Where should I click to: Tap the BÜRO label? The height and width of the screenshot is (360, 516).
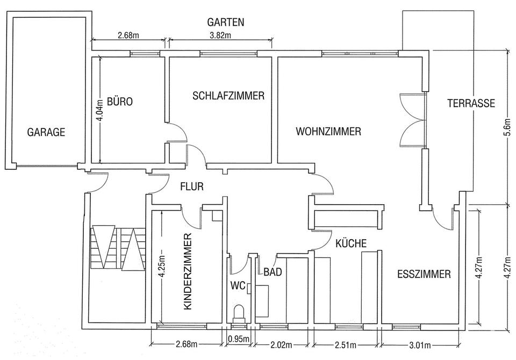click(119, 102)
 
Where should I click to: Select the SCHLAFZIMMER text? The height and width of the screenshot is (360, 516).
click(228, 96)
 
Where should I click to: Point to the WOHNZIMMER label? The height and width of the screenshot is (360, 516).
click(327, 131)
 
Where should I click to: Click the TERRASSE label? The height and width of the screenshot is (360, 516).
click(471, 104)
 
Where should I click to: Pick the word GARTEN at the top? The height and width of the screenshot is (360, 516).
click(226, 23)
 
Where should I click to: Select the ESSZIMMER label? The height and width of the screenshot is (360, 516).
click(424, 274)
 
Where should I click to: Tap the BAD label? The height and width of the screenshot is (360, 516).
click(273, 272)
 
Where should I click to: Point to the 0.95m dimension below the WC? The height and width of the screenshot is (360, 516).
click(238, 339)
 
